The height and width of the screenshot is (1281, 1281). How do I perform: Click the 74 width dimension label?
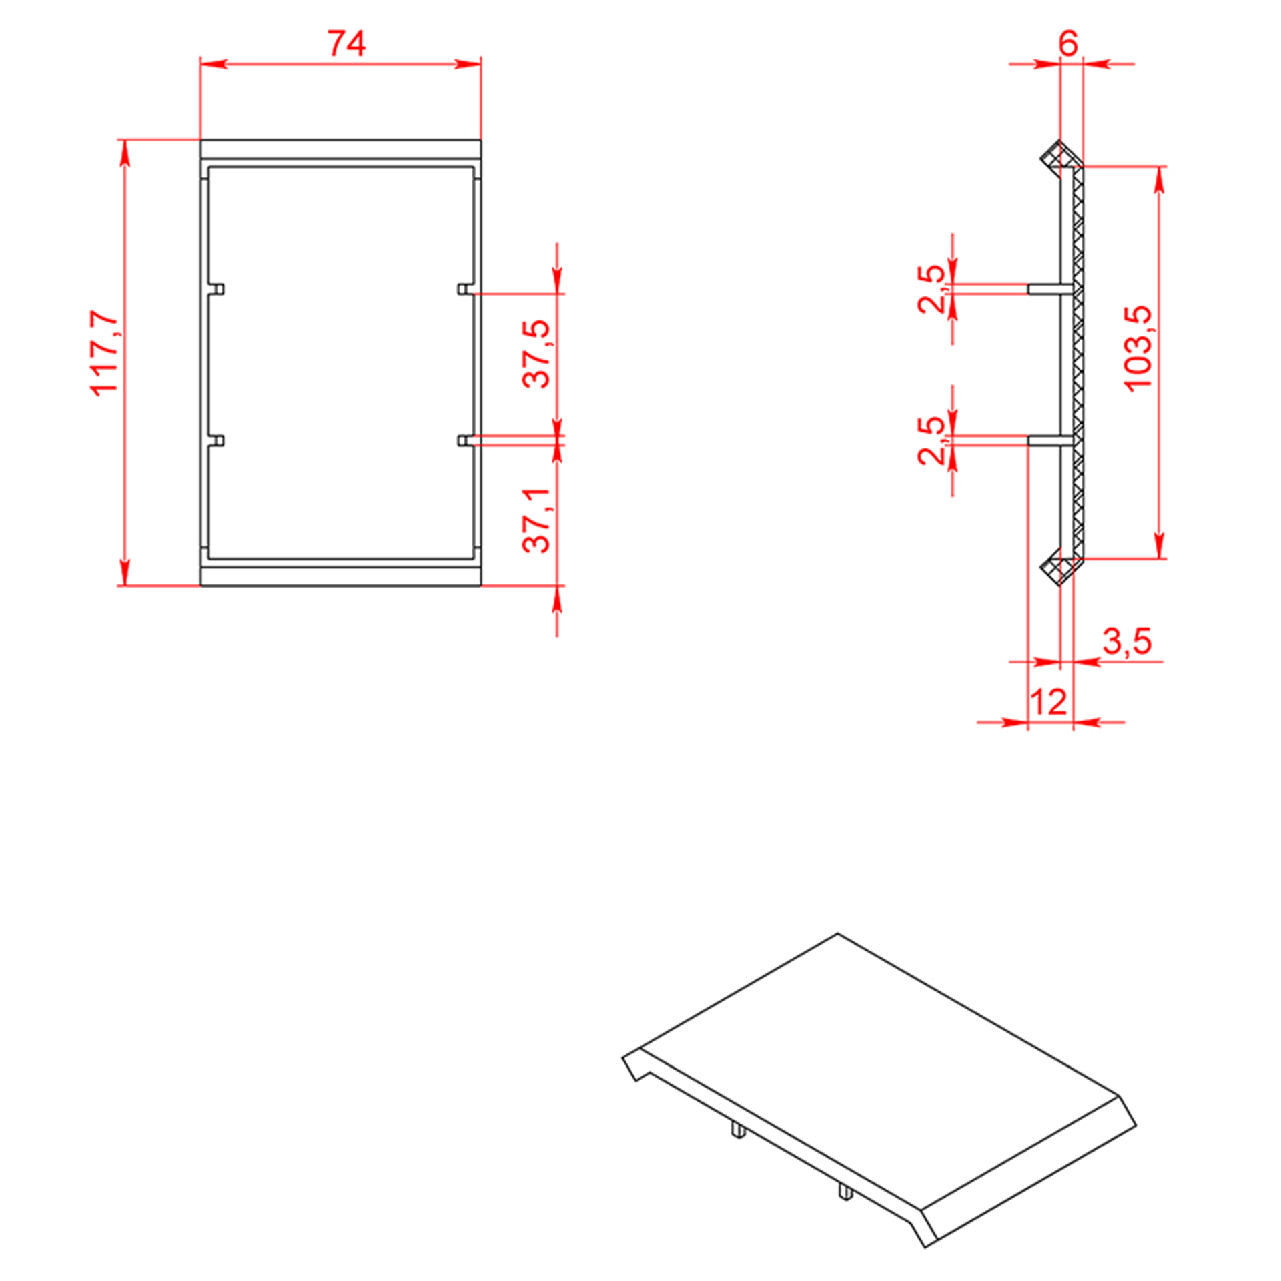tap(347, 44)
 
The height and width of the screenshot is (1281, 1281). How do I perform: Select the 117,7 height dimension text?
tap(105, 354)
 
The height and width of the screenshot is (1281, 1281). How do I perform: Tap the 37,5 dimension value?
tap(536, 354)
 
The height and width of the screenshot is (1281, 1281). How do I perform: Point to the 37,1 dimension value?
tap(536, 520)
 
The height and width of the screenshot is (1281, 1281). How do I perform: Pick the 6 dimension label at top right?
tap(1068, 43)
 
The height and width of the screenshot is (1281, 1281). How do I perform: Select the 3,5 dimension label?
tap(1127, 642)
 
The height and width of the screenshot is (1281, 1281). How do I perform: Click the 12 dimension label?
tap(1049, 702)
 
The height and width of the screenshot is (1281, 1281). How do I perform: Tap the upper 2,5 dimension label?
tap(931, 289)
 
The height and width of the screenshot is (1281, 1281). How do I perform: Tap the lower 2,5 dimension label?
tap(931, 440)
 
